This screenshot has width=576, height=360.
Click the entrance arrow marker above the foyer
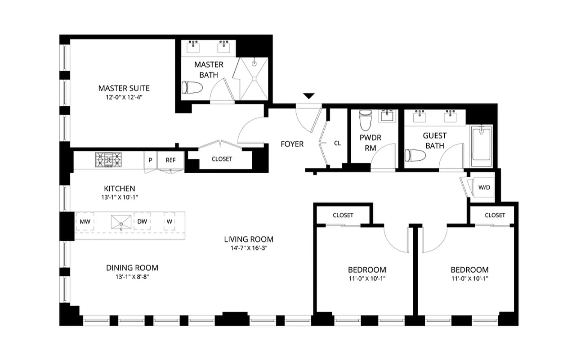pos(308,96)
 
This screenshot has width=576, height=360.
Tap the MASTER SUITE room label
pos(124,88)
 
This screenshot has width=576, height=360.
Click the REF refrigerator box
pos(170,160)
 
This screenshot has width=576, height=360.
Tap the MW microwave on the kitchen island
pos(85,221)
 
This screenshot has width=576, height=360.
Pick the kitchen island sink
pos(122,222)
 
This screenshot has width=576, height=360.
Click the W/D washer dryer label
pos(484,188)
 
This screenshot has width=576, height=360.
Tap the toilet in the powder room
pos(365,119)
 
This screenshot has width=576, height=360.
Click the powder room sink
pos(386,116)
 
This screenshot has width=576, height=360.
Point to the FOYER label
pos(292,144)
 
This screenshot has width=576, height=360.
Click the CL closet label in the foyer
pos(337,144)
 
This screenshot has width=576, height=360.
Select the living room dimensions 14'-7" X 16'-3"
pos(249,248)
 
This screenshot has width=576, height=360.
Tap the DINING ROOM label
pos(132,268)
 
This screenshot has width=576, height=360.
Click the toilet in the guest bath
pos(413,155)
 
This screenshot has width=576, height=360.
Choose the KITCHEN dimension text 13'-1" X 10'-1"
pos(119,197)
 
